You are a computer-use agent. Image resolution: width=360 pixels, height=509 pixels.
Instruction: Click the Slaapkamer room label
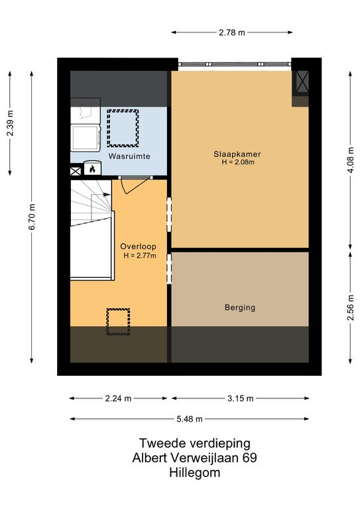[x=237, y=154]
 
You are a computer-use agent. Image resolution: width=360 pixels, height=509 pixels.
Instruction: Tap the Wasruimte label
[x=129, y=156]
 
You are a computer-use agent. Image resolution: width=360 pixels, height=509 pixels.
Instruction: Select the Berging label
[x=240, y=308]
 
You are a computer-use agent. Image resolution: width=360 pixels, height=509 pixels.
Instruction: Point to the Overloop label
[x=139, y=247]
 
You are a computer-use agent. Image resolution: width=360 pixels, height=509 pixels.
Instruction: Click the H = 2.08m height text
[x=238, y=162]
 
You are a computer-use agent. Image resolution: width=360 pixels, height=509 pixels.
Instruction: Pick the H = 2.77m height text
[x=140, y=255]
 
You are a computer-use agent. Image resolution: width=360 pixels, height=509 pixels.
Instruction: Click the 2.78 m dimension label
[x=232, y=32]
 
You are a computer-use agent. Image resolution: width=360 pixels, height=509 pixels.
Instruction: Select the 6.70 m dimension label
[x=32, y=217]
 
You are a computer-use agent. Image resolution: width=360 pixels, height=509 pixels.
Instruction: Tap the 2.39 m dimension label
[x=10, y=123]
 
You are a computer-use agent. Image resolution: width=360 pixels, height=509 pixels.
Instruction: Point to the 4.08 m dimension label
[x=350, y=160]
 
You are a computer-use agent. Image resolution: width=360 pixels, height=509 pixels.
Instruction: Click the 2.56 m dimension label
[x=350, y=308]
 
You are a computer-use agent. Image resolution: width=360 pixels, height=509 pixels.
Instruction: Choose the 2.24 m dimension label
[x=118, y=398]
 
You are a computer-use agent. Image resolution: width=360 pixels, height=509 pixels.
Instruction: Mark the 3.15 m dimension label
[x=240, y=398]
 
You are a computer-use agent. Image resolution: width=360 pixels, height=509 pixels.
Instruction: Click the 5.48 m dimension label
[x=190, y=419]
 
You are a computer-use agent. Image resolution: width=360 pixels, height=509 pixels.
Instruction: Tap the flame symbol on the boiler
[x=92, y=169]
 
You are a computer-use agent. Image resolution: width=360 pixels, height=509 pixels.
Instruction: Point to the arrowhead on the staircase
[x=107, y=194]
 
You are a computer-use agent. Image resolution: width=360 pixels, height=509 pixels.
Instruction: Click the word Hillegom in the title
[x=195, y=473]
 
